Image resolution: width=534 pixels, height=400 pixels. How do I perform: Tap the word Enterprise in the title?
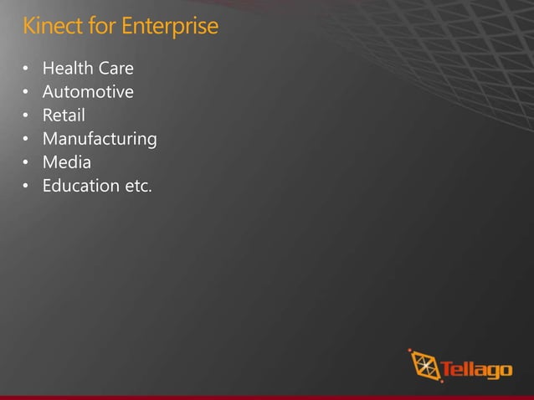[x=170, y=27]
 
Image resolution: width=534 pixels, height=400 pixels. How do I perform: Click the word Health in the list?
[x=66, y=68]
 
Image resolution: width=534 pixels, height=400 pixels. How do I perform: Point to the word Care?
[x=114, y=68]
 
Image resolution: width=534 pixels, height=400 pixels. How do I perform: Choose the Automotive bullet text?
[x=88, y=91]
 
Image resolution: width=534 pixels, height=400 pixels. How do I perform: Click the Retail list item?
[x=64, y=115]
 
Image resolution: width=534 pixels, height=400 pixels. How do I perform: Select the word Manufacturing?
[x=100, y=138]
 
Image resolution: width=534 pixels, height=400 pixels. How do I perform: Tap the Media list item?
[x=67, y=162]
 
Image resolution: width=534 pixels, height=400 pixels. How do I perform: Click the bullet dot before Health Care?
[x=26, y=69]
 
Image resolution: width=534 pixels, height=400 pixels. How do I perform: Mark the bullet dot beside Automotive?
[x=26, y=92]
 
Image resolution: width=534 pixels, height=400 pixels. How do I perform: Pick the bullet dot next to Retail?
[x=26, y=115]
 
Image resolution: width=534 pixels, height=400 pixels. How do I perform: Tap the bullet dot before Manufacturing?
[x=26, y=139]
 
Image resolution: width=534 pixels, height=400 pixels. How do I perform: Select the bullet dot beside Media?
[x=26, y=162]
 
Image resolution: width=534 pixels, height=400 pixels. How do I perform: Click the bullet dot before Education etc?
[x=26, y=186]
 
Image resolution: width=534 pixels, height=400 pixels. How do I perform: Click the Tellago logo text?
[x=476, y=369]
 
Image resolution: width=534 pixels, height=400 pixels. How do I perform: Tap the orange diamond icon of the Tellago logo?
[x=424, y=366]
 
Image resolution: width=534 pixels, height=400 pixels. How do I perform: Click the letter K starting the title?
[x=28, y=27]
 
